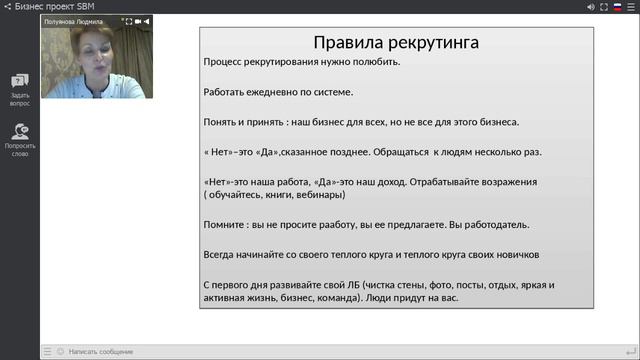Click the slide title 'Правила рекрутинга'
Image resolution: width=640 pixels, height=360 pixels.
(x=395, y=43)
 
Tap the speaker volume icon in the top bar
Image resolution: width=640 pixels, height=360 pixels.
(x=591, y=7)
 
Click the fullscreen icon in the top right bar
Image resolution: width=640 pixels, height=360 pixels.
(x=604, y=7)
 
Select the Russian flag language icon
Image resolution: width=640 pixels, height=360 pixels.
(x=617, y=7)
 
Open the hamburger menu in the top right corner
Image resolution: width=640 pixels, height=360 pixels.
(x=630, y=7)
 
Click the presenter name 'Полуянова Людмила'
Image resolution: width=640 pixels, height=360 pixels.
(x=74, y=20)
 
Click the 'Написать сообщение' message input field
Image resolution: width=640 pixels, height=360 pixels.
(x=100, y=351)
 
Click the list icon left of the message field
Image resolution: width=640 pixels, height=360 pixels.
(x=47, y=351)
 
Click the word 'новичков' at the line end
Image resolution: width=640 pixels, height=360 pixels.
(x=516, y=255)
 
